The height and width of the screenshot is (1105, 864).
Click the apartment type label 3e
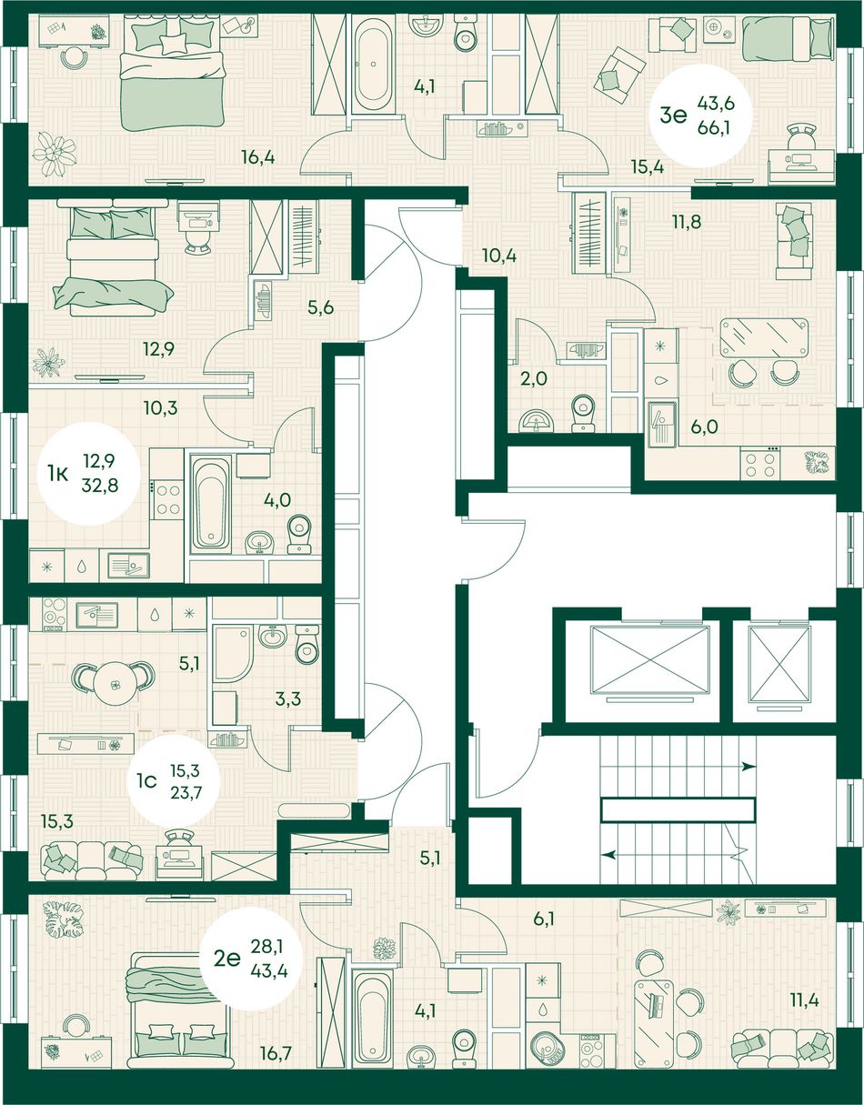673,116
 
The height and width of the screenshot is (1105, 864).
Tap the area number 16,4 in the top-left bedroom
257,157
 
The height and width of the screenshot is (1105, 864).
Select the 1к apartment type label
58,475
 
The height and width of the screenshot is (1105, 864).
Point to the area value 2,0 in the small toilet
534,378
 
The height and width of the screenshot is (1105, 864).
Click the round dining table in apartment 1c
116,685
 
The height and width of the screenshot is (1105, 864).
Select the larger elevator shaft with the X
650,660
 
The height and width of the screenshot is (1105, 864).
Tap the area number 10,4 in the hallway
500,256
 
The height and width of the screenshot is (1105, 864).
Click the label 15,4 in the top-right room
648,166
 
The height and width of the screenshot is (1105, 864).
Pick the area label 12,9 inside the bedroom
158,349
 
